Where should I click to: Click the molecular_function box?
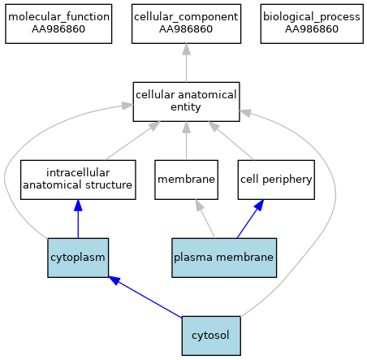pos(58,24)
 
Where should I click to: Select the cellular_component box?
pos(186,24)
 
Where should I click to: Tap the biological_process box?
pos(312,24)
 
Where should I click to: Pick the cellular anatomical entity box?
pos(186,102)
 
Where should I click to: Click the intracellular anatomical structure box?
pos(78,180)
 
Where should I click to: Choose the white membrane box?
pos(186,180)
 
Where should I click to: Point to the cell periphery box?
pos(276,180)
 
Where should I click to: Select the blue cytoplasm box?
pos(78,258)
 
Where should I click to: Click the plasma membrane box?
pos(224,258)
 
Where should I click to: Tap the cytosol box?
pos(211,336)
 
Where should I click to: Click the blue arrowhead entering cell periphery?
pos(260,205)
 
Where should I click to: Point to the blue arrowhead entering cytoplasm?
pos(114,280)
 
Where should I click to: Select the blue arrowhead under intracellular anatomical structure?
pos(78,206)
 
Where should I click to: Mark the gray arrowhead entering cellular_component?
pos(186,49)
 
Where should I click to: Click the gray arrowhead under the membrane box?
pos(199,206)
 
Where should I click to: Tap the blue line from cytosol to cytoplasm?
pos(145,297)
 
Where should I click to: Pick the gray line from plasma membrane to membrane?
pos(205,219)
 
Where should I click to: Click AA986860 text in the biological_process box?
pos(312,29)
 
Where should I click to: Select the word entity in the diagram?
pos(186,107)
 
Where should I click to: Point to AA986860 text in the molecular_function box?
pos(58,29)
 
